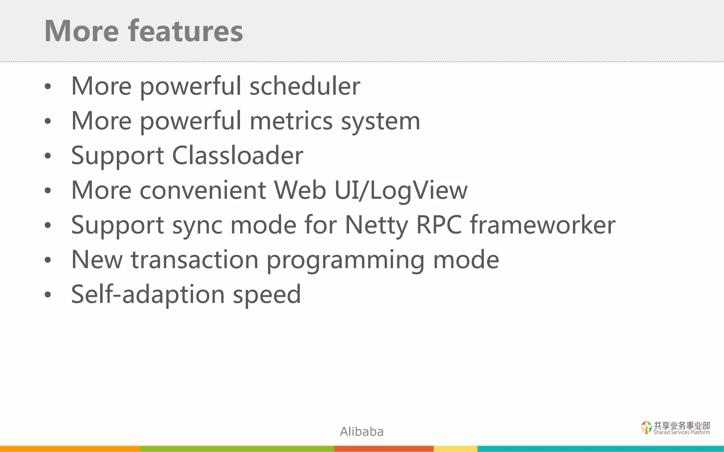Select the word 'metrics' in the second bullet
tap(291, 121)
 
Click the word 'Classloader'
tap(237, 155)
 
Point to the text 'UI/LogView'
tap(401, 190)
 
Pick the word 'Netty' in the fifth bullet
tap(376, 225)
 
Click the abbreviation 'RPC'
tap(439, 225)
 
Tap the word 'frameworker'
tap(542, 225)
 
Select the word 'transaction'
tap(195, 260)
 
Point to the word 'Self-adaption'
tap(148, 295)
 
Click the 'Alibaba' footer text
tap(362, 432)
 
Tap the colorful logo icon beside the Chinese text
tap(646, 427)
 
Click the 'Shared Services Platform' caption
tap(682, 432)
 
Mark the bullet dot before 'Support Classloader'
tap(48, 156)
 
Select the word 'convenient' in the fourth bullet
tap(203, 190)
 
